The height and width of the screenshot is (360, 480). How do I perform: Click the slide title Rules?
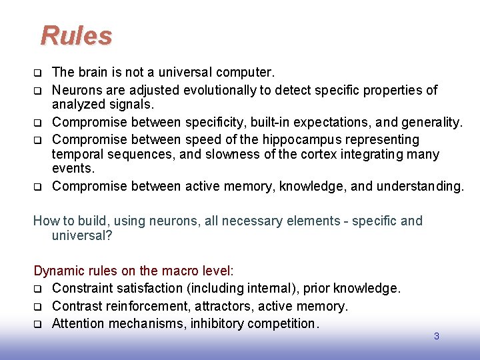pos(76,36)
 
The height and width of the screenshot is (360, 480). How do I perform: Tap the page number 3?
pos(437,337)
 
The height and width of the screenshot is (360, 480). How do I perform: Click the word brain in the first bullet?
pos(93,71)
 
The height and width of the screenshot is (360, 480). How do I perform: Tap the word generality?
pos(432,122)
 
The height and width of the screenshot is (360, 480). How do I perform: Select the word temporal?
pos(77,155)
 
